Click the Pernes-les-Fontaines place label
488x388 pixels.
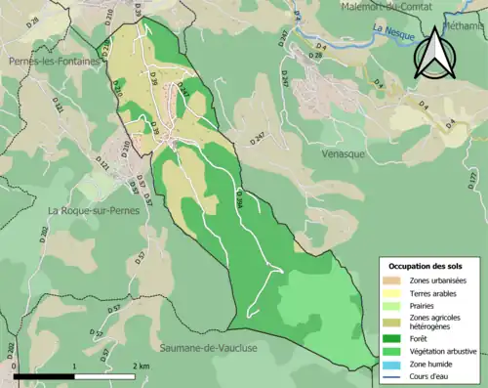(x=54, y=61)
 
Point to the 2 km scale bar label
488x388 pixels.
(x=142, y=366)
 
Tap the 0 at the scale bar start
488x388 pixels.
(x=15, y=366)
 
